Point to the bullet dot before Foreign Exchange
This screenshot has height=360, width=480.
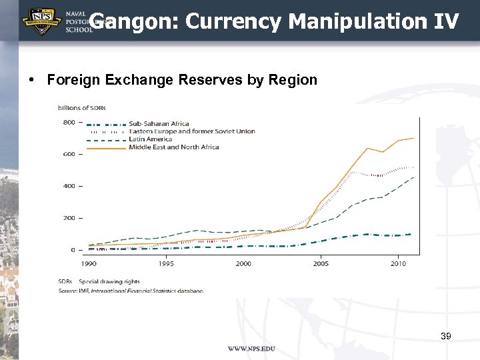[31, 81]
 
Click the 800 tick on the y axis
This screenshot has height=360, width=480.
[69, 122]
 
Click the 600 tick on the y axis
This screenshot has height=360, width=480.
[69, 154]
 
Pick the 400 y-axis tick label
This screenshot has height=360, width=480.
[69, 186]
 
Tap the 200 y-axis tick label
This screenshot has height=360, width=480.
[69, 218]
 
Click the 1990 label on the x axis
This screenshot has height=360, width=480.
[89, 264]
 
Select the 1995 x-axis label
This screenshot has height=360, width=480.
[166, 264]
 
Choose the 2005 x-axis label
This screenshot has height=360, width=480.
[321, 264]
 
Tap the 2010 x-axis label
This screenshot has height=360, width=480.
[398, 264]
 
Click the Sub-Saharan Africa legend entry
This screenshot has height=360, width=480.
[159, 123]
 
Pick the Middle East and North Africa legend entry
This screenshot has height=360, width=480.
[173, 147]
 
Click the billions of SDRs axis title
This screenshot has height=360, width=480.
[82, 107]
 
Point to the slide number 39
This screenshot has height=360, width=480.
[446, 336]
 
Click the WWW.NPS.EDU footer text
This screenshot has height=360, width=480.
[251, 349]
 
